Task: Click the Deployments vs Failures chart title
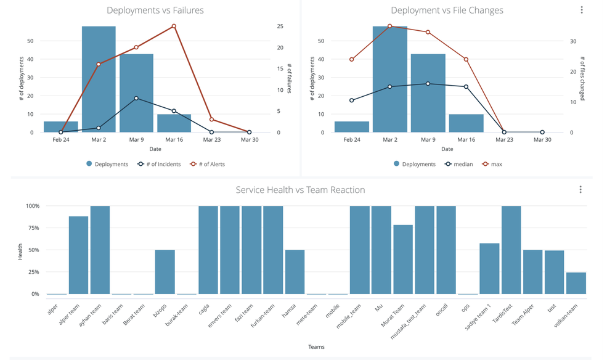pyautogui.click(x=155, y=10)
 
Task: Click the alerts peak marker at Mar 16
pyautogui.click(x=174, y=26)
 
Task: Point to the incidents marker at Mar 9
pyautogui.click(x=136, y=98)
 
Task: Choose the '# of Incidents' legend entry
pyautogui.click(x=159, y=165)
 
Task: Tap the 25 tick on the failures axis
pyautogui.click(x=280, y=27)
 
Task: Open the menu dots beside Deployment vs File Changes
pyautogui.click(x=582, y=10)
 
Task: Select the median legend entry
pyautogui.click(x=459, y=165)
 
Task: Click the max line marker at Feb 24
pyautogui.click(x=352, y=59)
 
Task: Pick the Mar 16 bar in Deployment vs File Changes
pyautogui.click(x=466, y=123)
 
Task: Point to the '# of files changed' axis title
pyautogui.click(x=582, y=79)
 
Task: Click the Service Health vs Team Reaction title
pyautogui.click(x=300, y=190)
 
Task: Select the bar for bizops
pyautogui.click(x=165, y=272)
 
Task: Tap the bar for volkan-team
pyautogui.click(x=576, y=283)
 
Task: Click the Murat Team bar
pyautogui.click(x=403, y=260)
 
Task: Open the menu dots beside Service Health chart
pyautogui.click(x=580, y=190)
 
